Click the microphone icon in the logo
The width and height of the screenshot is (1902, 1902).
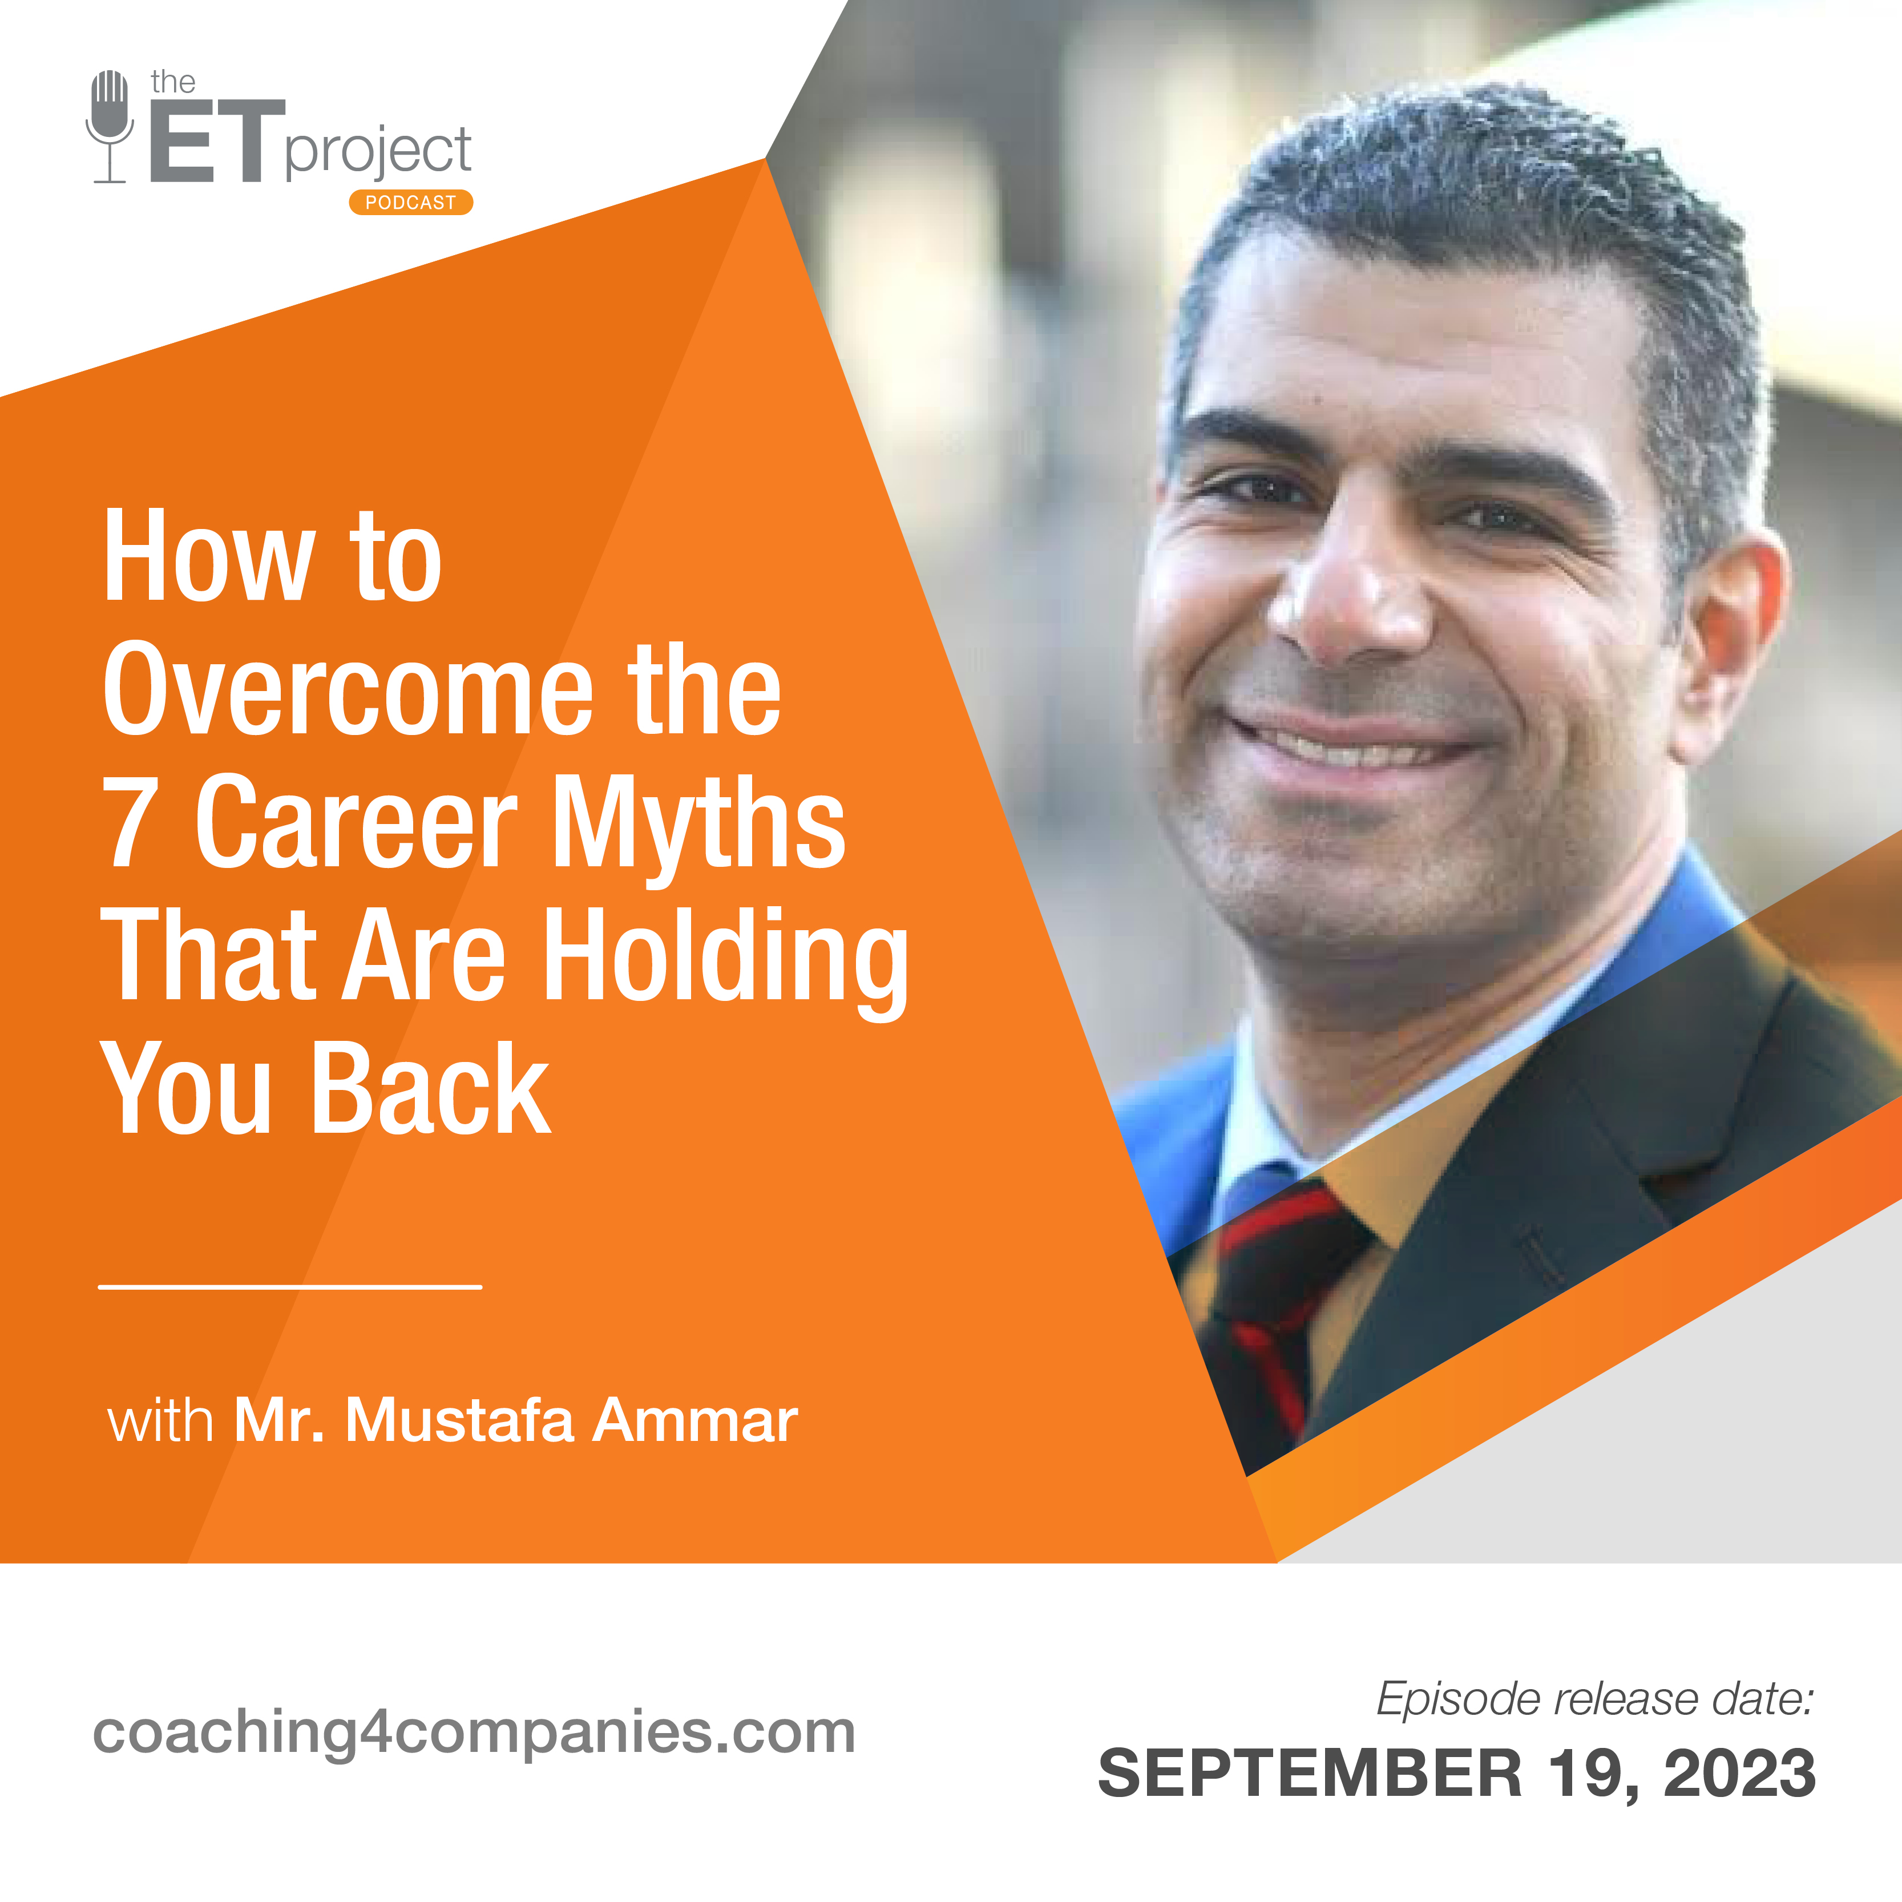tap(110, 126)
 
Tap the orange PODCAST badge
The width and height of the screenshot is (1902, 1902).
tap(410, 202)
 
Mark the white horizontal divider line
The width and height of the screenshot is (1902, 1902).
tap(290, 1287)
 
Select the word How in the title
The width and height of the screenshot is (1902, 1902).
tap(209, 556)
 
